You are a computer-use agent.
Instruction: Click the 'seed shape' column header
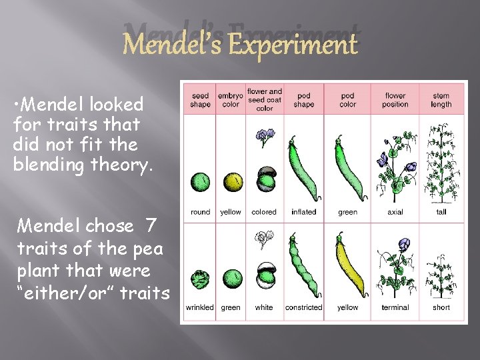coord(200,100)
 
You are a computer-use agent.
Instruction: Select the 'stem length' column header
coord(441,100)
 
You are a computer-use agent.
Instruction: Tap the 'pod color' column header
coord(347,100)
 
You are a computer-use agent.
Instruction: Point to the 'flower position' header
coord(395,100)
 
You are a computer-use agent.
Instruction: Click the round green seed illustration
coord(201,182)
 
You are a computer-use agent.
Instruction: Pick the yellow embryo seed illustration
coord(232,182)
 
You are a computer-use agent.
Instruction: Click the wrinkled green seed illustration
coord(201,279)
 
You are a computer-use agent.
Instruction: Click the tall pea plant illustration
coord(441,163)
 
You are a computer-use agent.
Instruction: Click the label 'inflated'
coord(304,212)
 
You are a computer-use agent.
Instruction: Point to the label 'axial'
coord(395,212)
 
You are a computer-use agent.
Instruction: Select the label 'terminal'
coord(395,307)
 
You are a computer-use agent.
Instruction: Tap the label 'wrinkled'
coord(200,307)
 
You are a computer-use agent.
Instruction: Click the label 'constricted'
coord(304,307)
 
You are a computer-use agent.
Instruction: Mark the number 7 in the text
coord(151,226)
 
